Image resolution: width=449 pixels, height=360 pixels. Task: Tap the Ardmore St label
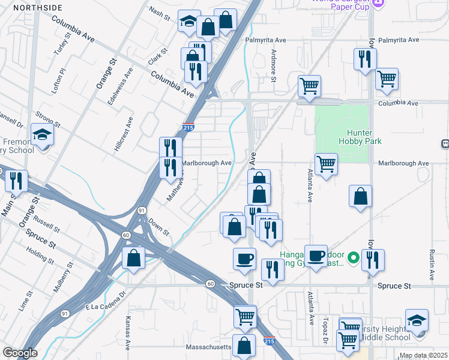coord(274,65)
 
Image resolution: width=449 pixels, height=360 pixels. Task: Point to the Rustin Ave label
coord(431,265)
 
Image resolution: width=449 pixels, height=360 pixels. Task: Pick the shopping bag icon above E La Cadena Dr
coord(134,257)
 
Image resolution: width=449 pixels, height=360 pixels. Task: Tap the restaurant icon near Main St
coord(16,179)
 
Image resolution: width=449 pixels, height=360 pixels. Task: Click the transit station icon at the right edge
coord(445,143)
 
